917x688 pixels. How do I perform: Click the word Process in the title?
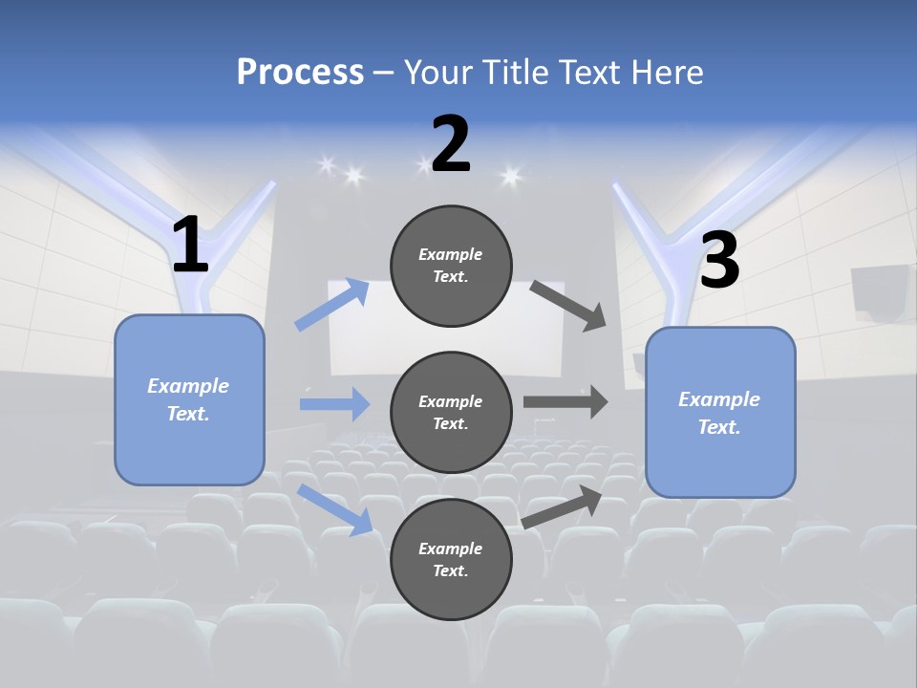(300, 73)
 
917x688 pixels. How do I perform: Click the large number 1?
(190, 246)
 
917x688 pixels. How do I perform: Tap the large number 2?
(451, 144)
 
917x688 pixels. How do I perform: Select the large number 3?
(720, 261)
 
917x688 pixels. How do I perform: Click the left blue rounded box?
(189, 399)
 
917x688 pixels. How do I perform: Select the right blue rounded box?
(720, 413)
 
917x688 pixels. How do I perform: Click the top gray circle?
(451, 266)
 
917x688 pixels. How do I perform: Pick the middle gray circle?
(451, 413)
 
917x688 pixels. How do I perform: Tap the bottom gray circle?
(451, 560)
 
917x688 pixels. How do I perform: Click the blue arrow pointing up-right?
(332, 305)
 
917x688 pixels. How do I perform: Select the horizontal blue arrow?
(334, 404)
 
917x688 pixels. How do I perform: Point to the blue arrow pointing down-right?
(335, 509)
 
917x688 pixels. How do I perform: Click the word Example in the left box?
(188, 386)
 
